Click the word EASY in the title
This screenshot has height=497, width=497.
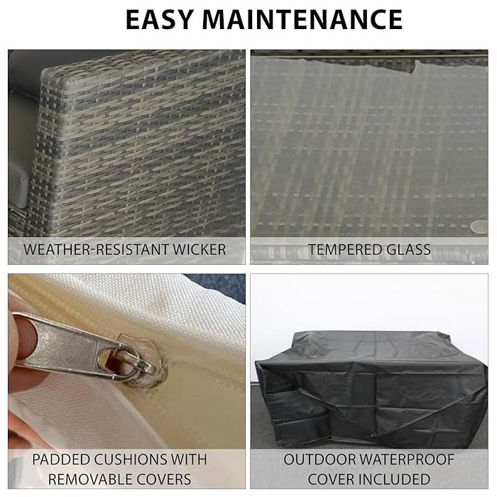tap(160, 20)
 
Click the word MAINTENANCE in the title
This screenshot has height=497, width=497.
tap(302, 20)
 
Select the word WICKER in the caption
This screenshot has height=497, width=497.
tap(200, 249)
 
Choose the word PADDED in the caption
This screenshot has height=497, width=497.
tap(61, 459)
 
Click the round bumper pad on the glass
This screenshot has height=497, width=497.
tap(479, 227)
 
